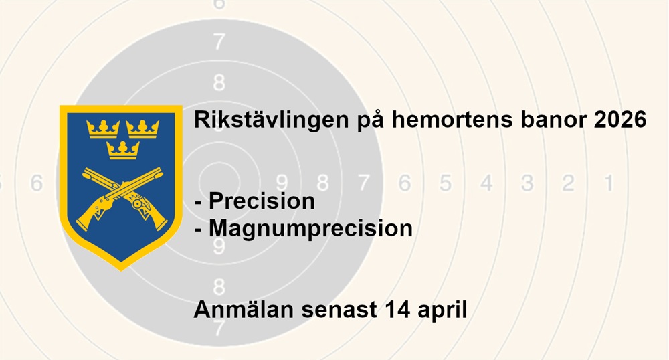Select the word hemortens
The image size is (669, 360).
[452, 119]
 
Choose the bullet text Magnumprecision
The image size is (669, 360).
[310, 228]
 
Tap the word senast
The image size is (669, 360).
[339, 310]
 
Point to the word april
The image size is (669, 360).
[442, 310]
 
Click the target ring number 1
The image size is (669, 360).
[609, 183]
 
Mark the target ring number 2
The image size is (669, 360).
[568, 183]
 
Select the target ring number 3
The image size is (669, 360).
[527, 183]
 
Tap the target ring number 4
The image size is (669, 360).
[486, 183]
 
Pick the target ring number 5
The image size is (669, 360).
[446, 183]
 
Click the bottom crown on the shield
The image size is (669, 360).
[123, 150]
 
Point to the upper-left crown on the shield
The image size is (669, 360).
[103, 129]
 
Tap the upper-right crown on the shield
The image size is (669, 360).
[142, 129]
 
